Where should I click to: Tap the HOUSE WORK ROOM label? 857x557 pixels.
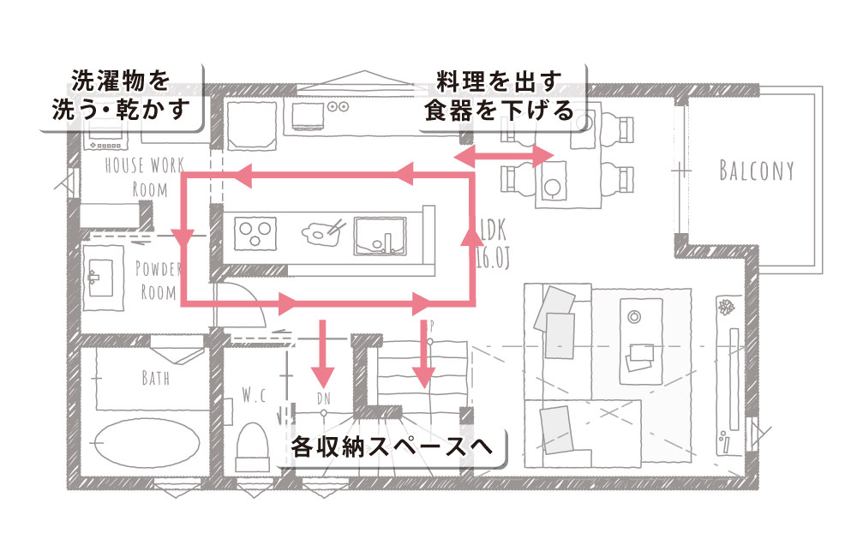pos(144,176)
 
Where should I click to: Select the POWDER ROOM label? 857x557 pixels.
pos(159,279)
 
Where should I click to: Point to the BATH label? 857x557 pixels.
pos(155,377)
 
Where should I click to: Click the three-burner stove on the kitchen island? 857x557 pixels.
pos(255,231)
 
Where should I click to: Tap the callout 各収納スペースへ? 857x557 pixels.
pos(397,447)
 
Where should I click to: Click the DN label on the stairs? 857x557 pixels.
pos(323,398)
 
